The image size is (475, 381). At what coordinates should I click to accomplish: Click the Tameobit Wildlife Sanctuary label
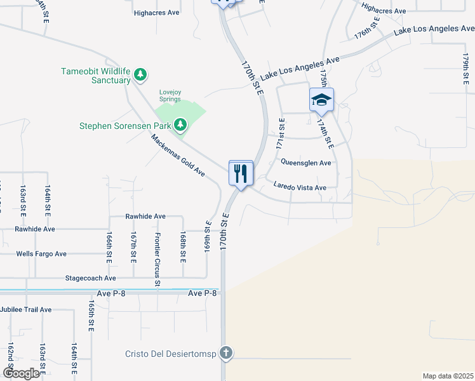coord(95,76)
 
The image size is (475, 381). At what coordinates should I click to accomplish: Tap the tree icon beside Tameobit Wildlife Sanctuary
coord(141,76)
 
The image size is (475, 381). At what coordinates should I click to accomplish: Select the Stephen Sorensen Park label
coord(125,126)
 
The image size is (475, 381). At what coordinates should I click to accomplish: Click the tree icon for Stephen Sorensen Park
coord(182,124)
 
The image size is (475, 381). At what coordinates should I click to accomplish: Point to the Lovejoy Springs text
coord(170,96)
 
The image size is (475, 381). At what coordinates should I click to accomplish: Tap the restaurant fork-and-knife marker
coord(241,173)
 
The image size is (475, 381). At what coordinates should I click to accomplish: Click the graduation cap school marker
coord(321,100)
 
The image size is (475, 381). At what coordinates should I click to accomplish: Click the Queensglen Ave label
coord(306,163)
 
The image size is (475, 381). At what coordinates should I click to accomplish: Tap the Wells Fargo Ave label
coord(41,254)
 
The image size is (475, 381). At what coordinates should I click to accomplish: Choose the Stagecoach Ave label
coord(91,278)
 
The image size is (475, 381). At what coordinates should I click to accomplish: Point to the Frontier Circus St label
coord(157,253)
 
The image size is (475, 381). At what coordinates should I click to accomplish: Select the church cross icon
coord(226,353)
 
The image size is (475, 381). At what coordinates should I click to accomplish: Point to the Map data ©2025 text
coord(448,376)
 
